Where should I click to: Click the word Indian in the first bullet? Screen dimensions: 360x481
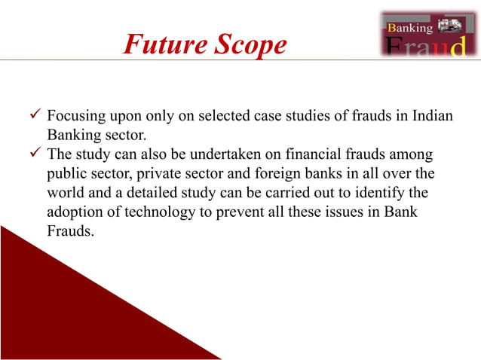tap(443, 118)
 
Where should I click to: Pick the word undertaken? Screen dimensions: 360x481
tap(242, 154)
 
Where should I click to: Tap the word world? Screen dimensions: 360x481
tap(66, 193)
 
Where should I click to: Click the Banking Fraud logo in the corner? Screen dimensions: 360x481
tap(426, 35)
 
